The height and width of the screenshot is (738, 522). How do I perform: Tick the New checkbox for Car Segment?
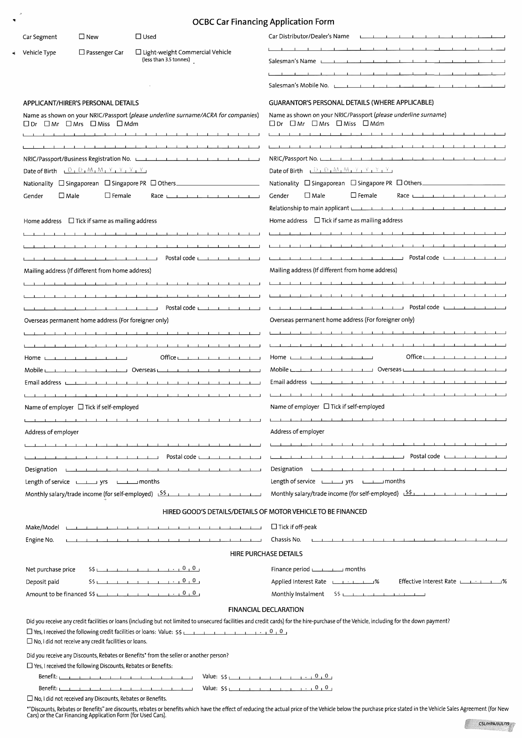(82, 37)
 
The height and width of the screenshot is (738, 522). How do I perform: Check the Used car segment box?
(138, 37)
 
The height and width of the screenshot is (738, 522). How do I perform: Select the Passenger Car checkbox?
(82, 52)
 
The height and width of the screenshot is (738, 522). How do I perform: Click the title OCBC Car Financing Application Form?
(263, 22)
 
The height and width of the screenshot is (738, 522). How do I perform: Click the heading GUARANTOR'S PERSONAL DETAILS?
(351, 102)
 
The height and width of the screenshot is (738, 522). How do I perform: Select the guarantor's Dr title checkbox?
(272, 123)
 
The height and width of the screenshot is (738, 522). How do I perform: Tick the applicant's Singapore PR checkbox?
(107, 183)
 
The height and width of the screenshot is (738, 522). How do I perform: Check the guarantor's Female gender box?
(354, 195)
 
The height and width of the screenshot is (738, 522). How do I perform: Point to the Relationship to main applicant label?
(309, 208)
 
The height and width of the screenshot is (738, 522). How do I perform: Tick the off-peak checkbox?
(274, 526)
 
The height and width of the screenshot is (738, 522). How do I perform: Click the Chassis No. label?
(286, 539)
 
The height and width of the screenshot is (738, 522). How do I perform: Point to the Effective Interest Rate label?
(427, 581)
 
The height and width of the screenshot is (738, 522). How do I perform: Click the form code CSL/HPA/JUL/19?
(494, 724)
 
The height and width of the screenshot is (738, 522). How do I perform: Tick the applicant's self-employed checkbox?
(81, 407)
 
